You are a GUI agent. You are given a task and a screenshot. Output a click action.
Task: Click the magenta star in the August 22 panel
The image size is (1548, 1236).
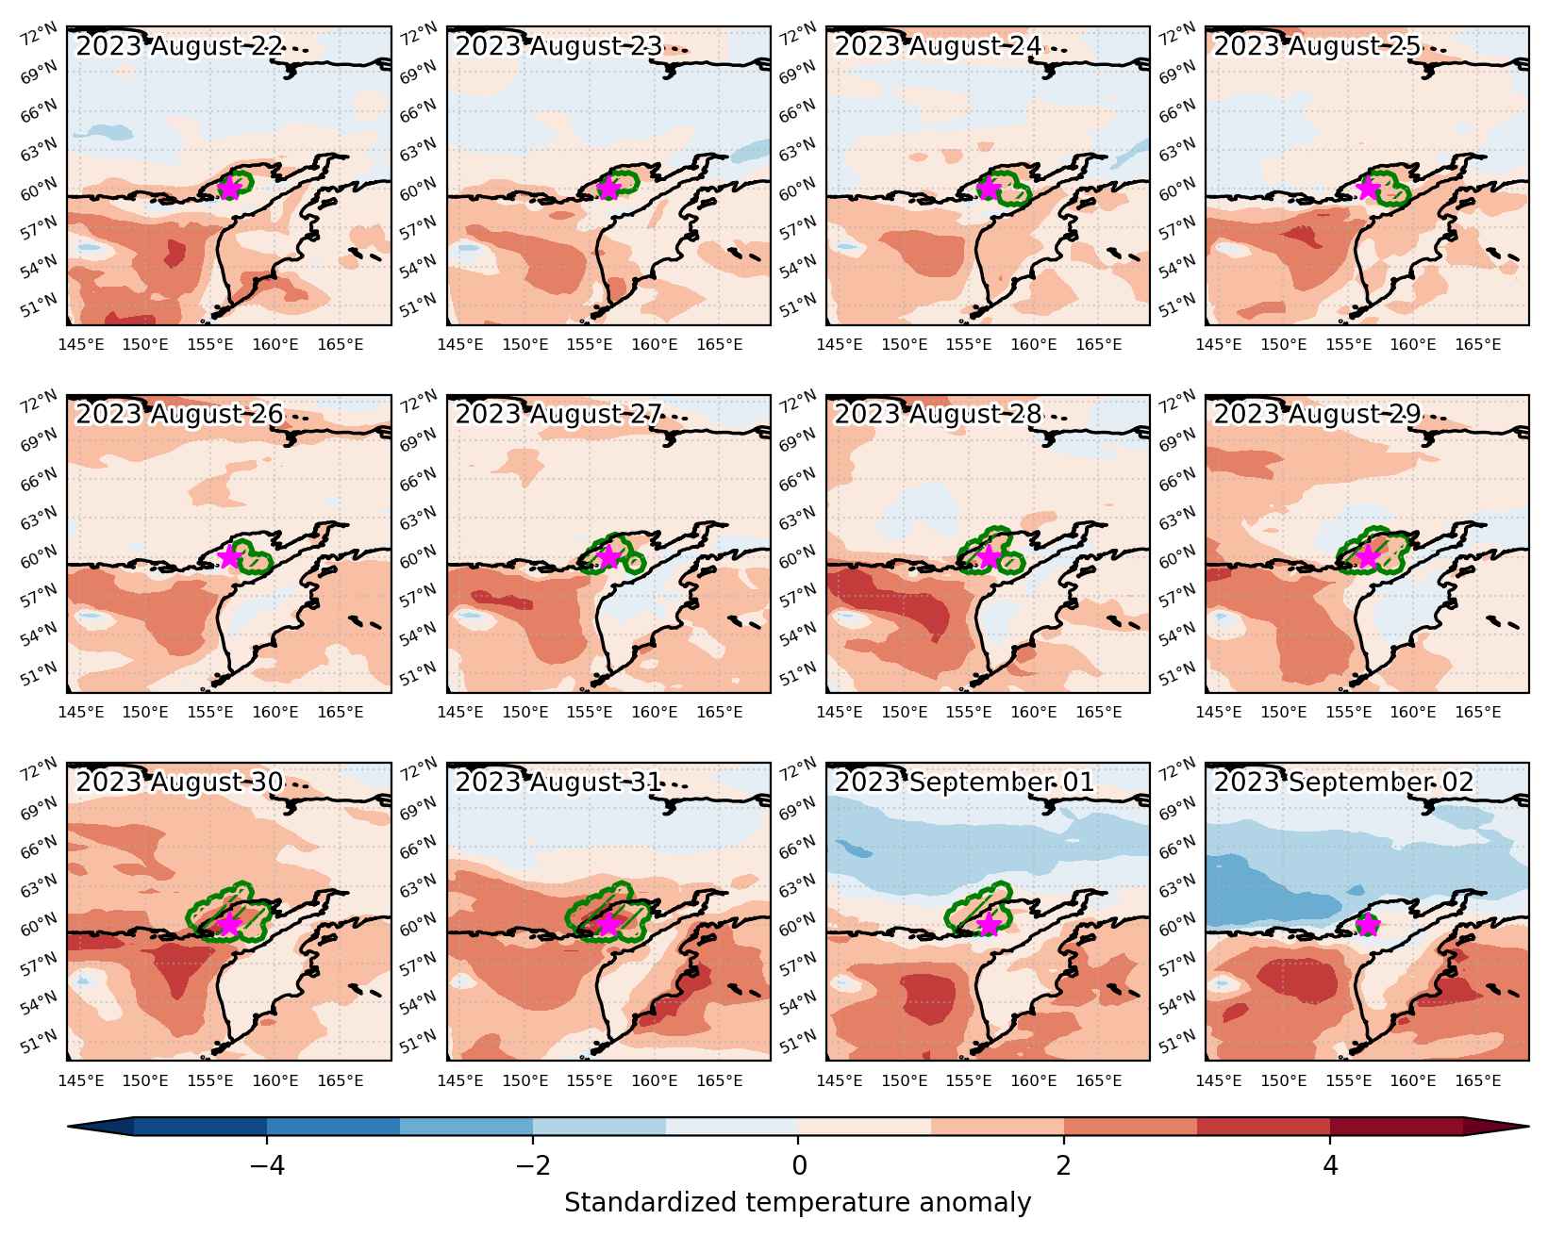click(228, 189)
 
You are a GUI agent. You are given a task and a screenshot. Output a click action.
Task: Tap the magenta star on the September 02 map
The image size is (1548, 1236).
click(1367, 925)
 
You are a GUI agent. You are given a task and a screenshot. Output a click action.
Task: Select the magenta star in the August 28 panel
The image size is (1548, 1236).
click(988, 556)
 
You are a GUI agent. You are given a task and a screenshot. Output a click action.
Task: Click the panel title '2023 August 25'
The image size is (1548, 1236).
click(1317, 46)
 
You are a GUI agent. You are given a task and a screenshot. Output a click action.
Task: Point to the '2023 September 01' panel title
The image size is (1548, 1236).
click(964, 783)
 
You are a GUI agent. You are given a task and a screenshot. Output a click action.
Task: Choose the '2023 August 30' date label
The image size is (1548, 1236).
click(179, 783)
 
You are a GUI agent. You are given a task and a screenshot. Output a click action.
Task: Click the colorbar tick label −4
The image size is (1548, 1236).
click(267, 1165)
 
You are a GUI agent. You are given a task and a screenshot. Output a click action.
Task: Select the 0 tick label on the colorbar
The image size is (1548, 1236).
click(798, 1165)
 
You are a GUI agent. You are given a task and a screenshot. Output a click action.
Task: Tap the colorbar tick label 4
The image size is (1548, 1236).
click(1330, 1165)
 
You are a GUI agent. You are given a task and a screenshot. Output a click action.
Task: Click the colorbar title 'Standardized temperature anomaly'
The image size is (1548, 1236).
click(797, 1203)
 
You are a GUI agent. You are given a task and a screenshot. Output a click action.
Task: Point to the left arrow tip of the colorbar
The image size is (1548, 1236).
click(68, 1127)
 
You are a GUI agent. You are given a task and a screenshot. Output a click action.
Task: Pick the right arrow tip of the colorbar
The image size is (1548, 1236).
click(1528, 1127)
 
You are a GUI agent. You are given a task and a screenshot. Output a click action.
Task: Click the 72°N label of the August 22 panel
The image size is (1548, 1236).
click(38, 34)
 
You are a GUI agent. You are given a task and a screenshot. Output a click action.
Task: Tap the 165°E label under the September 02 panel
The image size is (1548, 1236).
click(1477, 1080)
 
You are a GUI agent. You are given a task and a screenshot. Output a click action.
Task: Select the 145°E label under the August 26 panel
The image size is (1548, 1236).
click(80, 712)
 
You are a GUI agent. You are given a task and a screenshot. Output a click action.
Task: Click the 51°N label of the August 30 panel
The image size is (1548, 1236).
click(38, 1041)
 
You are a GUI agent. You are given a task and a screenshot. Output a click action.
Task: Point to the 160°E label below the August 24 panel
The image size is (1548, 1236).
click(1033, 344)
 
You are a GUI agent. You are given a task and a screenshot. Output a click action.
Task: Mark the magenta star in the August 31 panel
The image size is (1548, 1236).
click(608, 925)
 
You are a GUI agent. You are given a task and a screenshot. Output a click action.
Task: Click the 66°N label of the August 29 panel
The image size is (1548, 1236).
click(1177, 479)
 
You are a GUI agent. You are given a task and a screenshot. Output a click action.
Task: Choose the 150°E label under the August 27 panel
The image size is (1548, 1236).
click(524, 712)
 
